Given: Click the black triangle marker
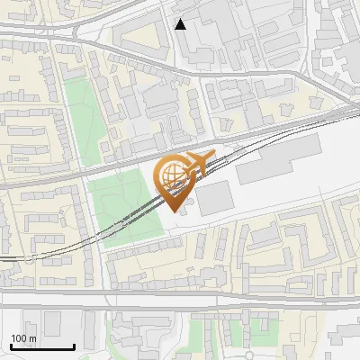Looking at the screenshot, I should click(181, 24).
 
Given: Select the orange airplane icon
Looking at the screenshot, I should click(199, 162).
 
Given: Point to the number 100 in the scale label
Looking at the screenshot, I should click(20, 338).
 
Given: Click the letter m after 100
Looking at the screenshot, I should click(32, 338).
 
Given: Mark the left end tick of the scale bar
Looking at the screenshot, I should click(10, 346).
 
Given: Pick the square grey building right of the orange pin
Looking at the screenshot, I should click(216, 199).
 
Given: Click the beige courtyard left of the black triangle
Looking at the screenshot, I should click(139, 40).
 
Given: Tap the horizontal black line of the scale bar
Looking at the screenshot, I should click(42, 347).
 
